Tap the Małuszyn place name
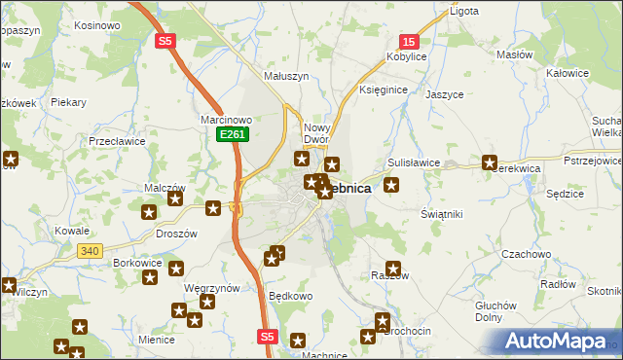click(286, 75)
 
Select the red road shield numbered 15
click(409, 41)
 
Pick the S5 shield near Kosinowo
click(165, 41)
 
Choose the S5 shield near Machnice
click(269, 336)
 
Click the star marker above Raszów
click(393, 269)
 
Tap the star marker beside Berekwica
click(490, 163)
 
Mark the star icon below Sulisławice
click(391, 184)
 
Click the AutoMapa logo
click(558, 342)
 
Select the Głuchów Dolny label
click(495, 310)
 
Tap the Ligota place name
click(462, 12)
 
